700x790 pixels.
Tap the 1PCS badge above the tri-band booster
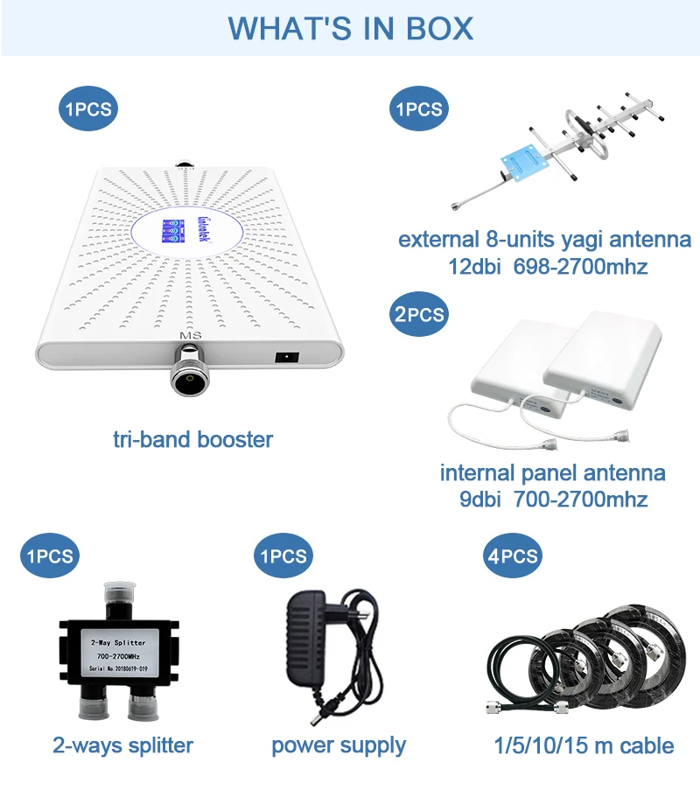click(87, 109)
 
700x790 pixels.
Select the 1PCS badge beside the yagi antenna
click(419, 109)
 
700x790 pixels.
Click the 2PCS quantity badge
click(419, 315)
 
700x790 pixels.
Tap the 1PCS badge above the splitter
click(50, 556)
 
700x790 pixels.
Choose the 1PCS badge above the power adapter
click(283, 556)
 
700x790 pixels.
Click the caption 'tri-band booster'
click(192, 439)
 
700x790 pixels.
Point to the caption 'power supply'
click(339, 745)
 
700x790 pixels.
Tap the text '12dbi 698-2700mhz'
click(545, 266)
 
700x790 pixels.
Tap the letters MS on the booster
click(190, 335)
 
